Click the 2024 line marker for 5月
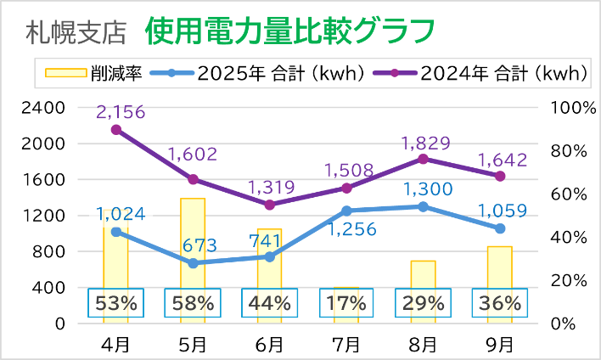193,179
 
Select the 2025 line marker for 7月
346,211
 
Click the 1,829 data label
423,143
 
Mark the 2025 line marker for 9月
500,228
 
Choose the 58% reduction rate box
194,303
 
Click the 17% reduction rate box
346,303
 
